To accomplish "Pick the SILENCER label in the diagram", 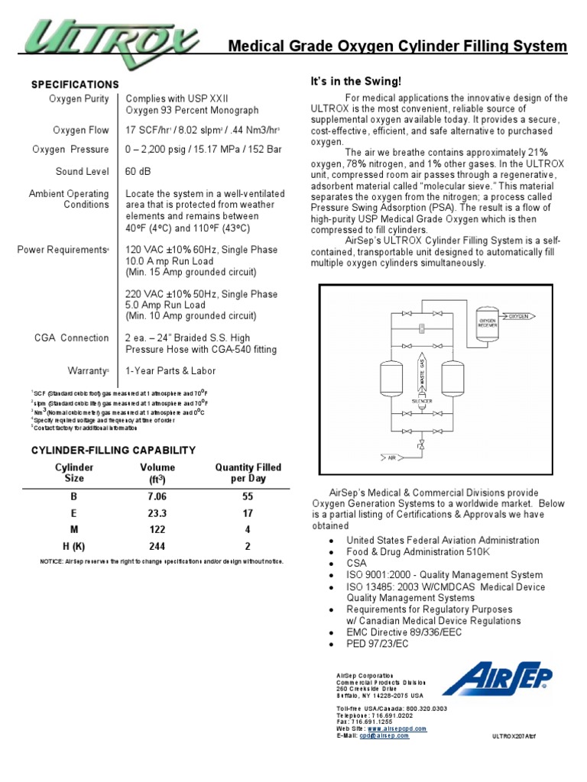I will click(422, 400).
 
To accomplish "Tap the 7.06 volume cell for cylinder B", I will click(157, 496).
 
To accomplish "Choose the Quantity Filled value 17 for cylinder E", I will click(247, 514).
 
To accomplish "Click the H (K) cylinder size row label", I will click(74, 546).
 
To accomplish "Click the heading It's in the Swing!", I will click(355, 81).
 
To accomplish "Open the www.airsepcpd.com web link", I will click(397, 729).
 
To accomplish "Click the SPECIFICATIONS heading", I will click(75, 84).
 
